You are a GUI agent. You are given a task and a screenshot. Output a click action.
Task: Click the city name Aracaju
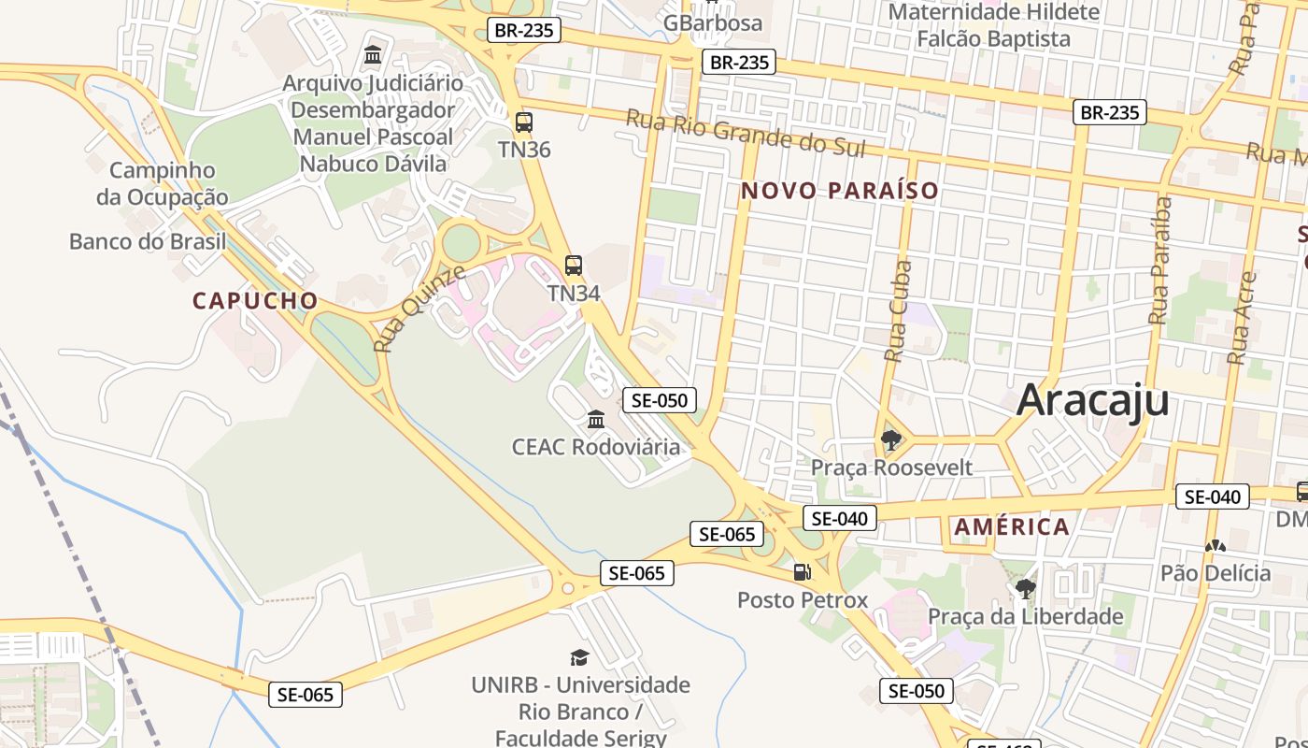[1092, 400]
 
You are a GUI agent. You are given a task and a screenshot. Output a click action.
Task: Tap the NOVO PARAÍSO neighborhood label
[839, 191]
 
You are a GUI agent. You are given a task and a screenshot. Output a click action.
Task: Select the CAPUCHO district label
[255, 301]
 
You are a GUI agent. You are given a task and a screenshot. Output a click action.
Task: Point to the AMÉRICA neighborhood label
[1012, 526]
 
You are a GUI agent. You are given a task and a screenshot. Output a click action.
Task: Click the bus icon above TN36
[524, 122]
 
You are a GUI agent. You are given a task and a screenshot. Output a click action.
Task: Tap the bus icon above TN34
[574, 266]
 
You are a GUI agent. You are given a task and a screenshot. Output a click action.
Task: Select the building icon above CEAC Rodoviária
[596, 419]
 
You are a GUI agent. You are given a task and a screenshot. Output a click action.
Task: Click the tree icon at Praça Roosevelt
[890, 439]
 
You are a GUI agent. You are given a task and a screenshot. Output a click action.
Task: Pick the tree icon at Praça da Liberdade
[1026, 589]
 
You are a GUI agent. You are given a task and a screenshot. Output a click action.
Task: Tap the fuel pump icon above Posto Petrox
[802, 572]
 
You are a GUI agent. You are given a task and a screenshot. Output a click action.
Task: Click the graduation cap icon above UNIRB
[580, 658]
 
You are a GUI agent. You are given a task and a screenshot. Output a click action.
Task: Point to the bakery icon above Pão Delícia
[1216, 546]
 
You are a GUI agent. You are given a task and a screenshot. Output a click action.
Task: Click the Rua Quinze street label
[419, 309]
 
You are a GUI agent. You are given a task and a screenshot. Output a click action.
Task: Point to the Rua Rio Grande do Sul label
[746, 133]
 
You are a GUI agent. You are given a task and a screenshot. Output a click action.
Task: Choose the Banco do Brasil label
[148, 241]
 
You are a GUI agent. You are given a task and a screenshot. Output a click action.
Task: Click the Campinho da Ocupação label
[162, 183]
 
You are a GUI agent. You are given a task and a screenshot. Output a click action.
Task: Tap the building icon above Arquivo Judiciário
[373, 54]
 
